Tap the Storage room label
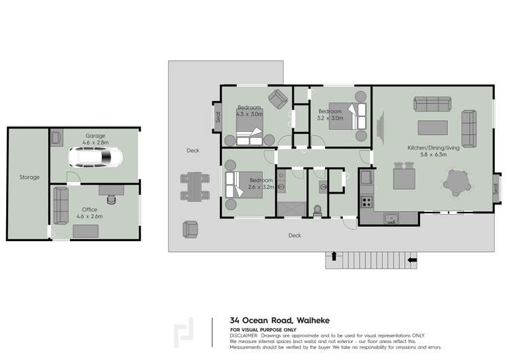29,177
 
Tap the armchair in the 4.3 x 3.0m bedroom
277,99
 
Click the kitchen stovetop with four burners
366,201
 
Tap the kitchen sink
390,218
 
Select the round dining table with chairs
457,182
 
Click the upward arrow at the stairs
333,256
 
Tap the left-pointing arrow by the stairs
411,259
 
